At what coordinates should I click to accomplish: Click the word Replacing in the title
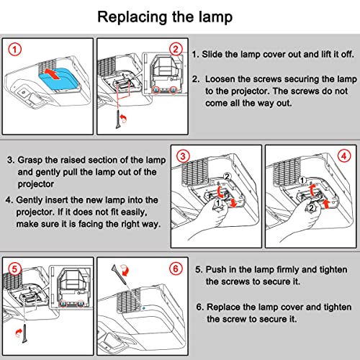[x=132, y=18]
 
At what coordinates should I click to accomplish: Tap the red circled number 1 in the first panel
[x=15, y=50]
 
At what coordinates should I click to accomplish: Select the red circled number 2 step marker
[x=176, y=50]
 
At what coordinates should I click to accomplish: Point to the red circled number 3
[x=183, y=156]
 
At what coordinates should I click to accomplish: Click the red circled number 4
[x=344, y=156]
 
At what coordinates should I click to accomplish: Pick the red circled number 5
[x=15, y=269]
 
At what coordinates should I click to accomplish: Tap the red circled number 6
[x=176, y=269]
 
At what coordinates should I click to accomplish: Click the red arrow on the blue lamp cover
[x=52, y=73]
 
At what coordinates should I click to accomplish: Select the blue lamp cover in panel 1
[x=58, y=79]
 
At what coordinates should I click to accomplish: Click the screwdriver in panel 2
[x=118, y=120]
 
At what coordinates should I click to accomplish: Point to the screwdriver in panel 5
[x=24, y=333]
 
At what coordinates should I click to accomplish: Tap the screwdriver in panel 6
[x=120, y=274]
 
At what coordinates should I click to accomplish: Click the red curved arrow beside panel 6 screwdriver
[x=125, y=270]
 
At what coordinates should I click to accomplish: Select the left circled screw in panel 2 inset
[x=156, y=90]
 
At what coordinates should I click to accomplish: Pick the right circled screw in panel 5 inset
[x=81, y=304]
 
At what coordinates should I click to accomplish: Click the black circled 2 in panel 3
[x=227, y=176]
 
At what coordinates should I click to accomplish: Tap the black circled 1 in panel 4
[x=302, y=180]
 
